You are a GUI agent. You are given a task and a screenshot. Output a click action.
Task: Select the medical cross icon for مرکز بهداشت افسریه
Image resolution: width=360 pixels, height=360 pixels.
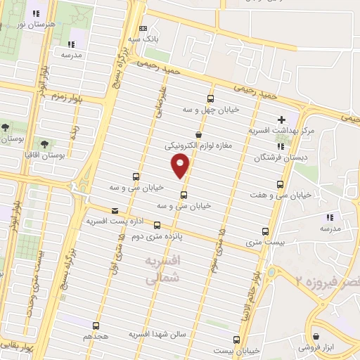(x=281, y=120)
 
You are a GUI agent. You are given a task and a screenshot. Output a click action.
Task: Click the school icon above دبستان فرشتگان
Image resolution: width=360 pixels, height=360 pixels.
(x=281, y=146)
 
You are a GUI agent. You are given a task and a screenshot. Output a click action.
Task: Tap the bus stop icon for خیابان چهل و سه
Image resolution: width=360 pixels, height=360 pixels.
(x=211, y=99)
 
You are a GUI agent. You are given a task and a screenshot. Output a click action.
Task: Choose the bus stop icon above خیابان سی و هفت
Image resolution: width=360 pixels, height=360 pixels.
(x=281, y=184)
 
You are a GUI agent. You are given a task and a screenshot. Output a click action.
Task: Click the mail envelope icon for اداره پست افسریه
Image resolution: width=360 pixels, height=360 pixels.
(x=115, y=210)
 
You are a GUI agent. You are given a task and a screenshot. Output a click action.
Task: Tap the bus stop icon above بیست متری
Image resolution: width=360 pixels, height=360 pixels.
(x=265, y=231)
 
